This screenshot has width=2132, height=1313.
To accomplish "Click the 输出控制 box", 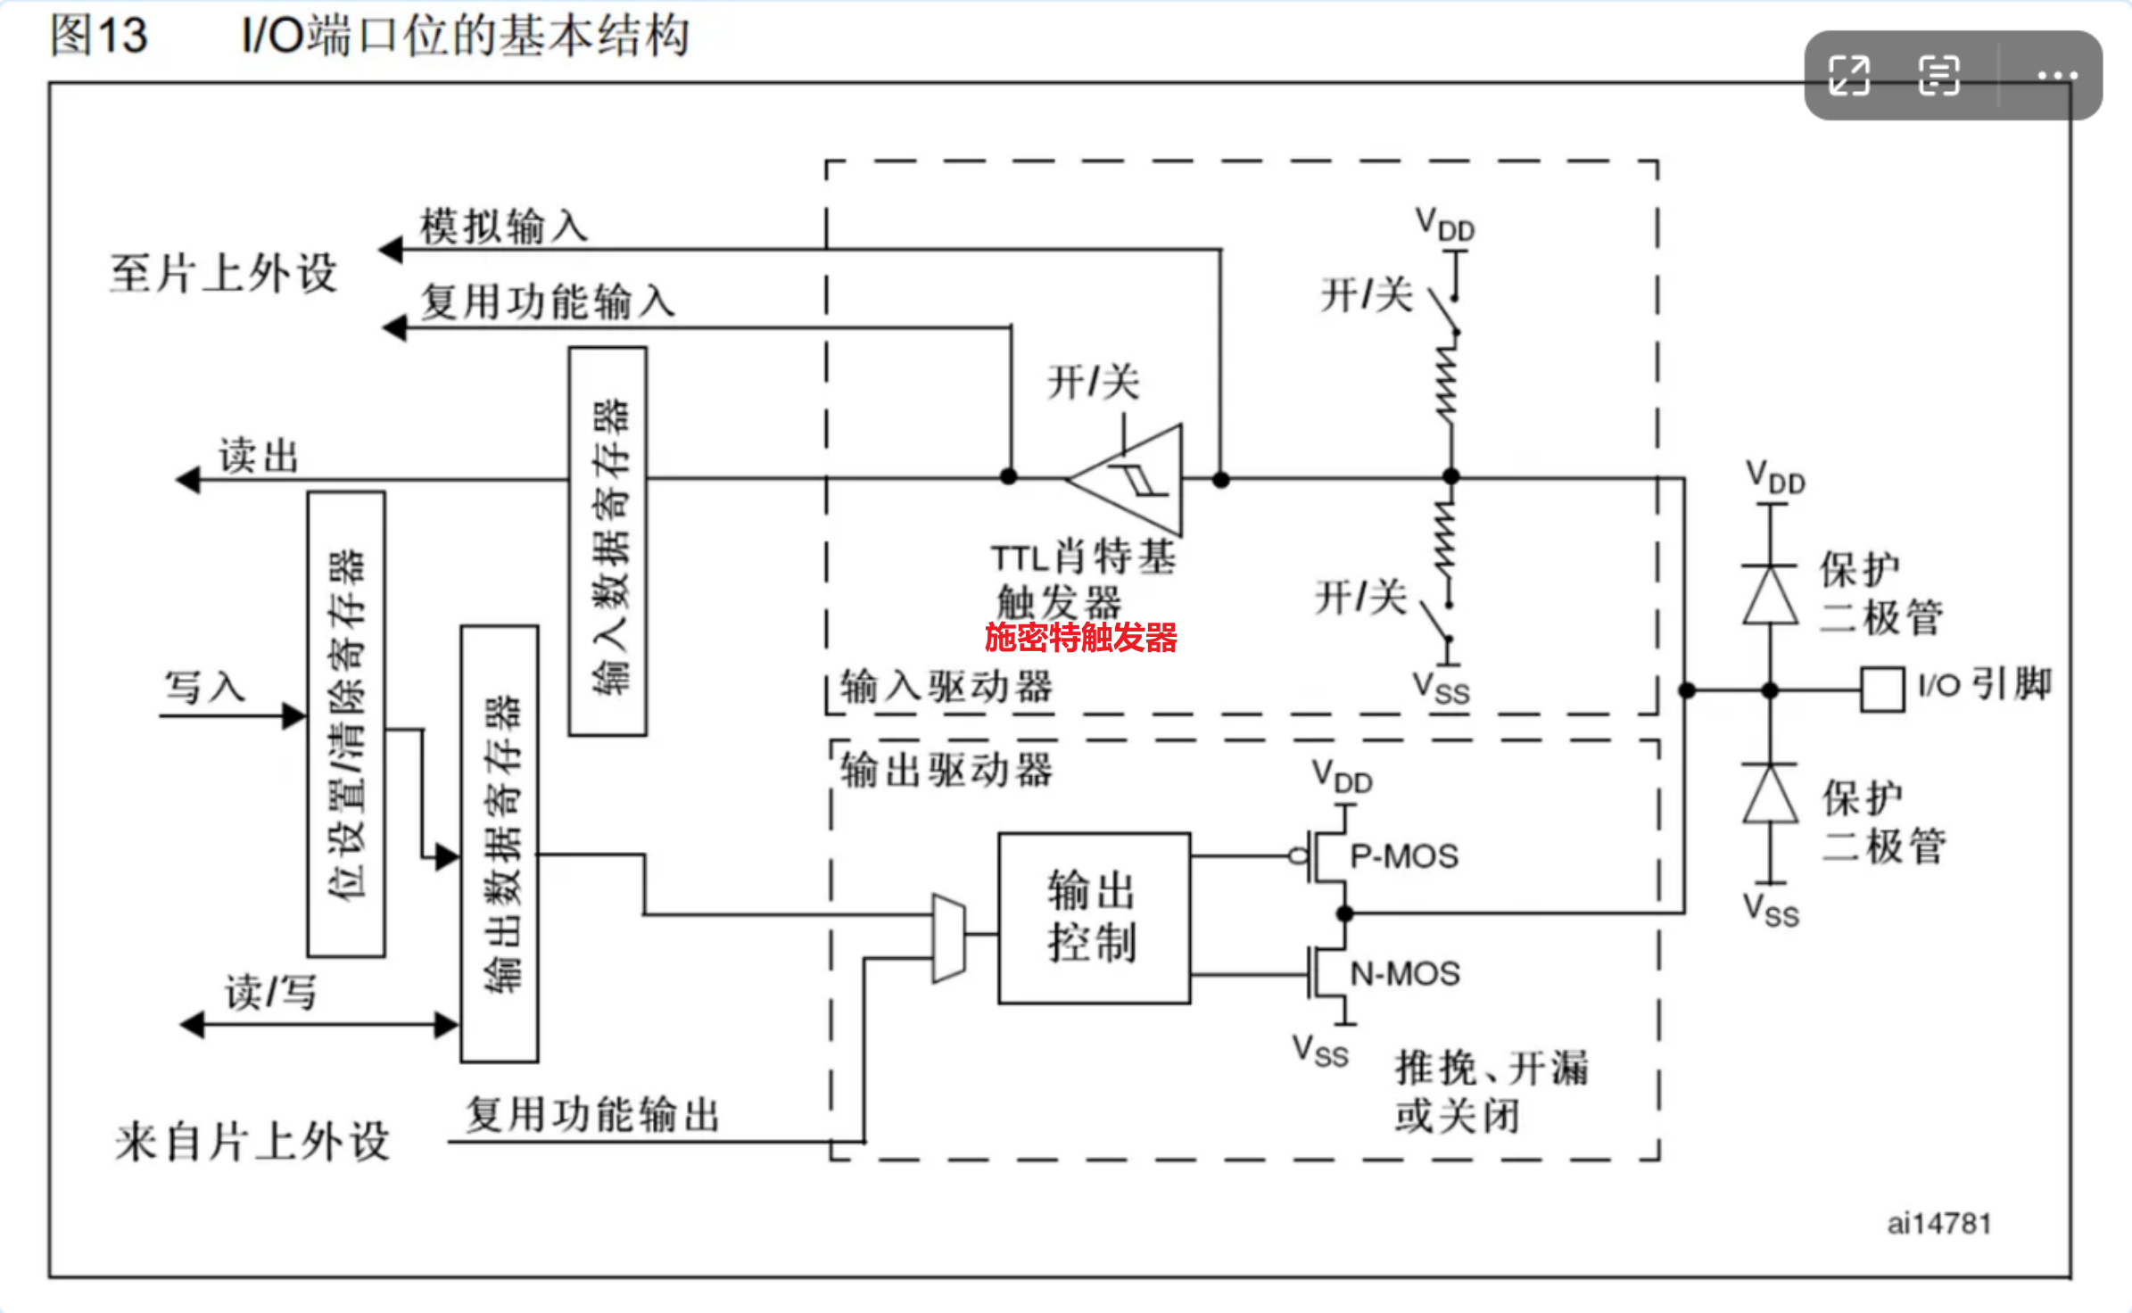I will point(1094,918).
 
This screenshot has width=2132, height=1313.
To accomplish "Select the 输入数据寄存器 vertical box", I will point(607,541).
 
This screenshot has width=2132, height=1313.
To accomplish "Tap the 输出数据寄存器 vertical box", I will point(500,844).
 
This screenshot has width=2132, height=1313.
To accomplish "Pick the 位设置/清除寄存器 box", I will point(346,723).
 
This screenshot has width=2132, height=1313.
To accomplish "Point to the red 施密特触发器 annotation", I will point(1080,638).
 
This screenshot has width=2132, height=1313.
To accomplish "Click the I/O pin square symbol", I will point(1882,690).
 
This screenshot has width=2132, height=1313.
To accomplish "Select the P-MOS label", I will point(1404,856).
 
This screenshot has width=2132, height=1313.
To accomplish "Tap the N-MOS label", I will point(1405,973).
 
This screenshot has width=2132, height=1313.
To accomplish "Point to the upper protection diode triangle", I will point(1771,595).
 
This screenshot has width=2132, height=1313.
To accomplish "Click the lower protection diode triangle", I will point(1771,794).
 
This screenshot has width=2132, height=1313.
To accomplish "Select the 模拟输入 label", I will point(504,226).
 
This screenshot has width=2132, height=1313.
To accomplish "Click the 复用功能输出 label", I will point(592,1115).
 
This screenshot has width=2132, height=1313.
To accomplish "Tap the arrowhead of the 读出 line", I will point(187,480).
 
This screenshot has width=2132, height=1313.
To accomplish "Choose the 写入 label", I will point(204,688).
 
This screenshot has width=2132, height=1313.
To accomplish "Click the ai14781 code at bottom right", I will point(1939,1223).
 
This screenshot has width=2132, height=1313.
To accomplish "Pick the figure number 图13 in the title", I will point(98,36).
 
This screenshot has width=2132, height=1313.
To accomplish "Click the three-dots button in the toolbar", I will point(2057,76).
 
